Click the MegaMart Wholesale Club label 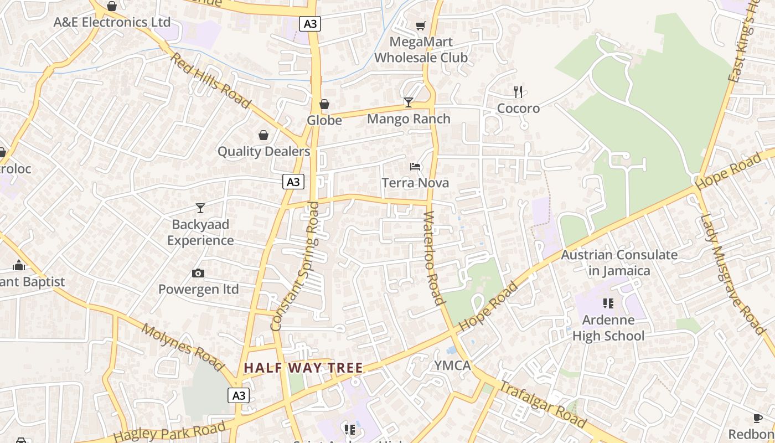point(421,50)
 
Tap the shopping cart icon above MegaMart point(420,25)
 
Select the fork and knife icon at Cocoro point(518,91)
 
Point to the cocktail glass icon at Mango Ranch point(409,102)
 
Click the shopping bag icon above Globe point(324,104)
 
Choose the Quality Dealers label point(263,151)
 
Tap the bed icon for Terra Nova point(415,166)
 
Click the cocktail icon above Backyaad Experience point(200,208)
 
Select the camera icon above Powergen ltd point(198,273)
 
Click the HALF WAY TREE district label point(303,368)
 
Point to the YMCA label point(452,365)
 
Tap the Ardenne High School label point(608,328)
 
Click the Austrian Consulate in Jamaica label point(619,263)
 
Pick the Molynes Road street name point(182,347)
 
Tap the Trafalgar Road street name point(542,405)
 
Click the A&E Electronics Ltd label point(112,22)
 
